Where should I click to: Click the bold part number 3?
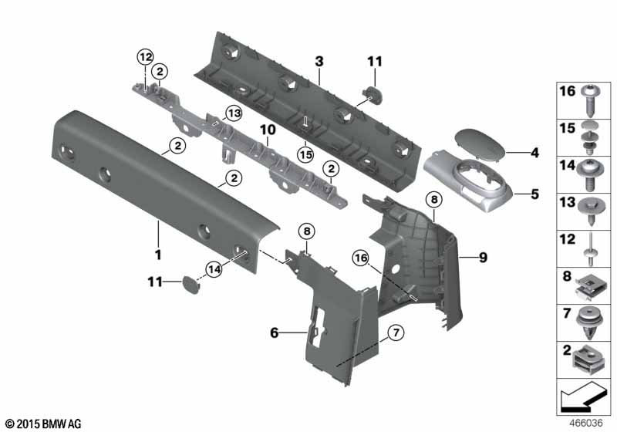click(319, 62)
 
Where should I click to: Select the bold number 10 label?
click(268, 130)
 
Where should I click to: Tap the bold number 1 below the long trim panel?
click(158, 255)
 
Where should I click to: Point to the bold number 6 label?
click(275, 332)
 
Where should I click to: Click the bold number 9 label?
click(484, 258)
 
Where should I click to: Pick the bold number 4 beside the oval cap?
click(534, 153)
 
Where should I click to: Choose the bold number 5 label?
click(534, 194)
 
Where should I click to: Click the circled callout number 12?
click(145, 57)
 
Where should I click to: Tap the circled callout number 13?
click(234, 114)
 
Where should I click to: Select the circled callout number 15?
click(305, 154)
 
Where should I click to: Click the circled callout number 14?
click(214, 269)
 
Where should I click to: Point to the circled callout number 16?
click(361, 258)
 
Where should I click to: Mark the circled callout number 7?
click(396, 332)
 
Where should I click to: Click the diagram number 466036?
click(586, 424)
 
